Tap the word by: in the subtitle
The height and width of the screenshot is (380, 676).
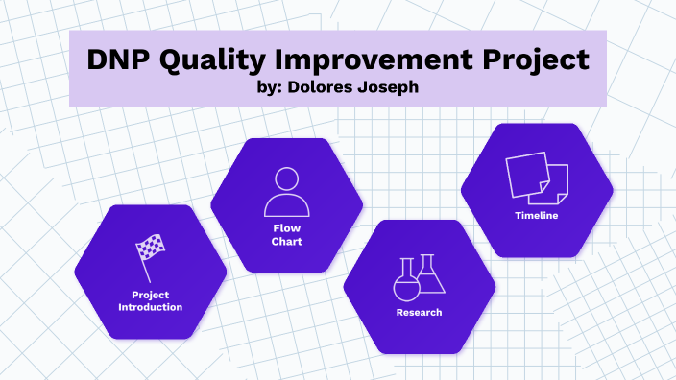[260, 86]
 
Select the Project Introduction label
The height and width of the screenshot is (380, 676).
[150, 300]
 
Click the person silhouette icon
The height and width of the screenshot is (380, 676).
[286, 191]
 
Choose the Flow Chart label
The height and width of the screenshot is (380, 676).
[286, 235]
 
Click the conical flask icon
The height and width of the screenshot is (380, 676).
[431, 274]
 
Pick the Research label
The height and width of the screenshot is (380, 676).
[419, 313]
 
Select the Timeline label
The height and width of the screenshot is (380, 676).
[536, 216]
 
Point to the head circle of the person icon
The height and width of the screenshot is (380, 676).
[286, 178]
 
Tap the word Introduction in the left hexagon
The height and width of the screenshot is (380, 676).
[150, 307]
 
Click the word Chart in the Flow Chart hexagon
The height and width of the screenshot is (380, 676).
[286, 242]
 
